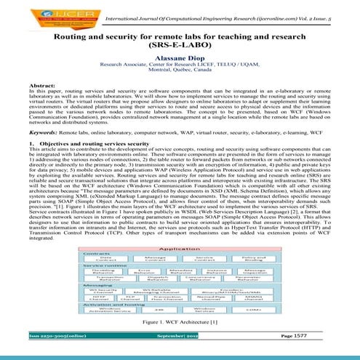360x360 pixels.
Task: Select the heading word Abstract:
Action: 21,107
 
